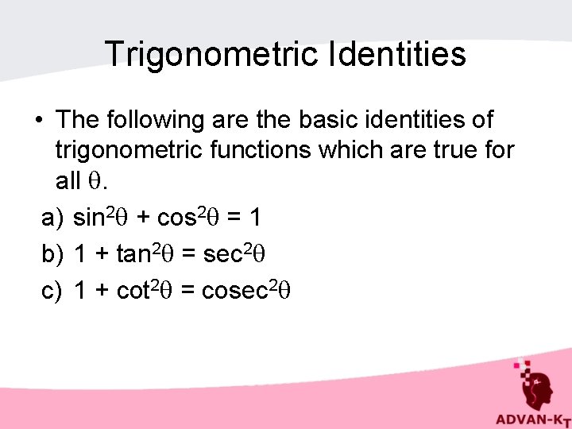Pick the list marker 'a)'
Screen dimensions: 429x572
[x=52, y=217]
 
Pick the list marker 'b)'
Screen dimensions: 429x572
[x=52, y=254]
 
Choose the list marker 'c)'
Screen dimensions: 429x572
[x=52, y=292]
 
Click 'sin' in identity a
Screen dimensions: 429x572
[x=90, y=217]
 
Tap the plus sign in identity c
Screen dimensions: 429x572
[x=101, y=292]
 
